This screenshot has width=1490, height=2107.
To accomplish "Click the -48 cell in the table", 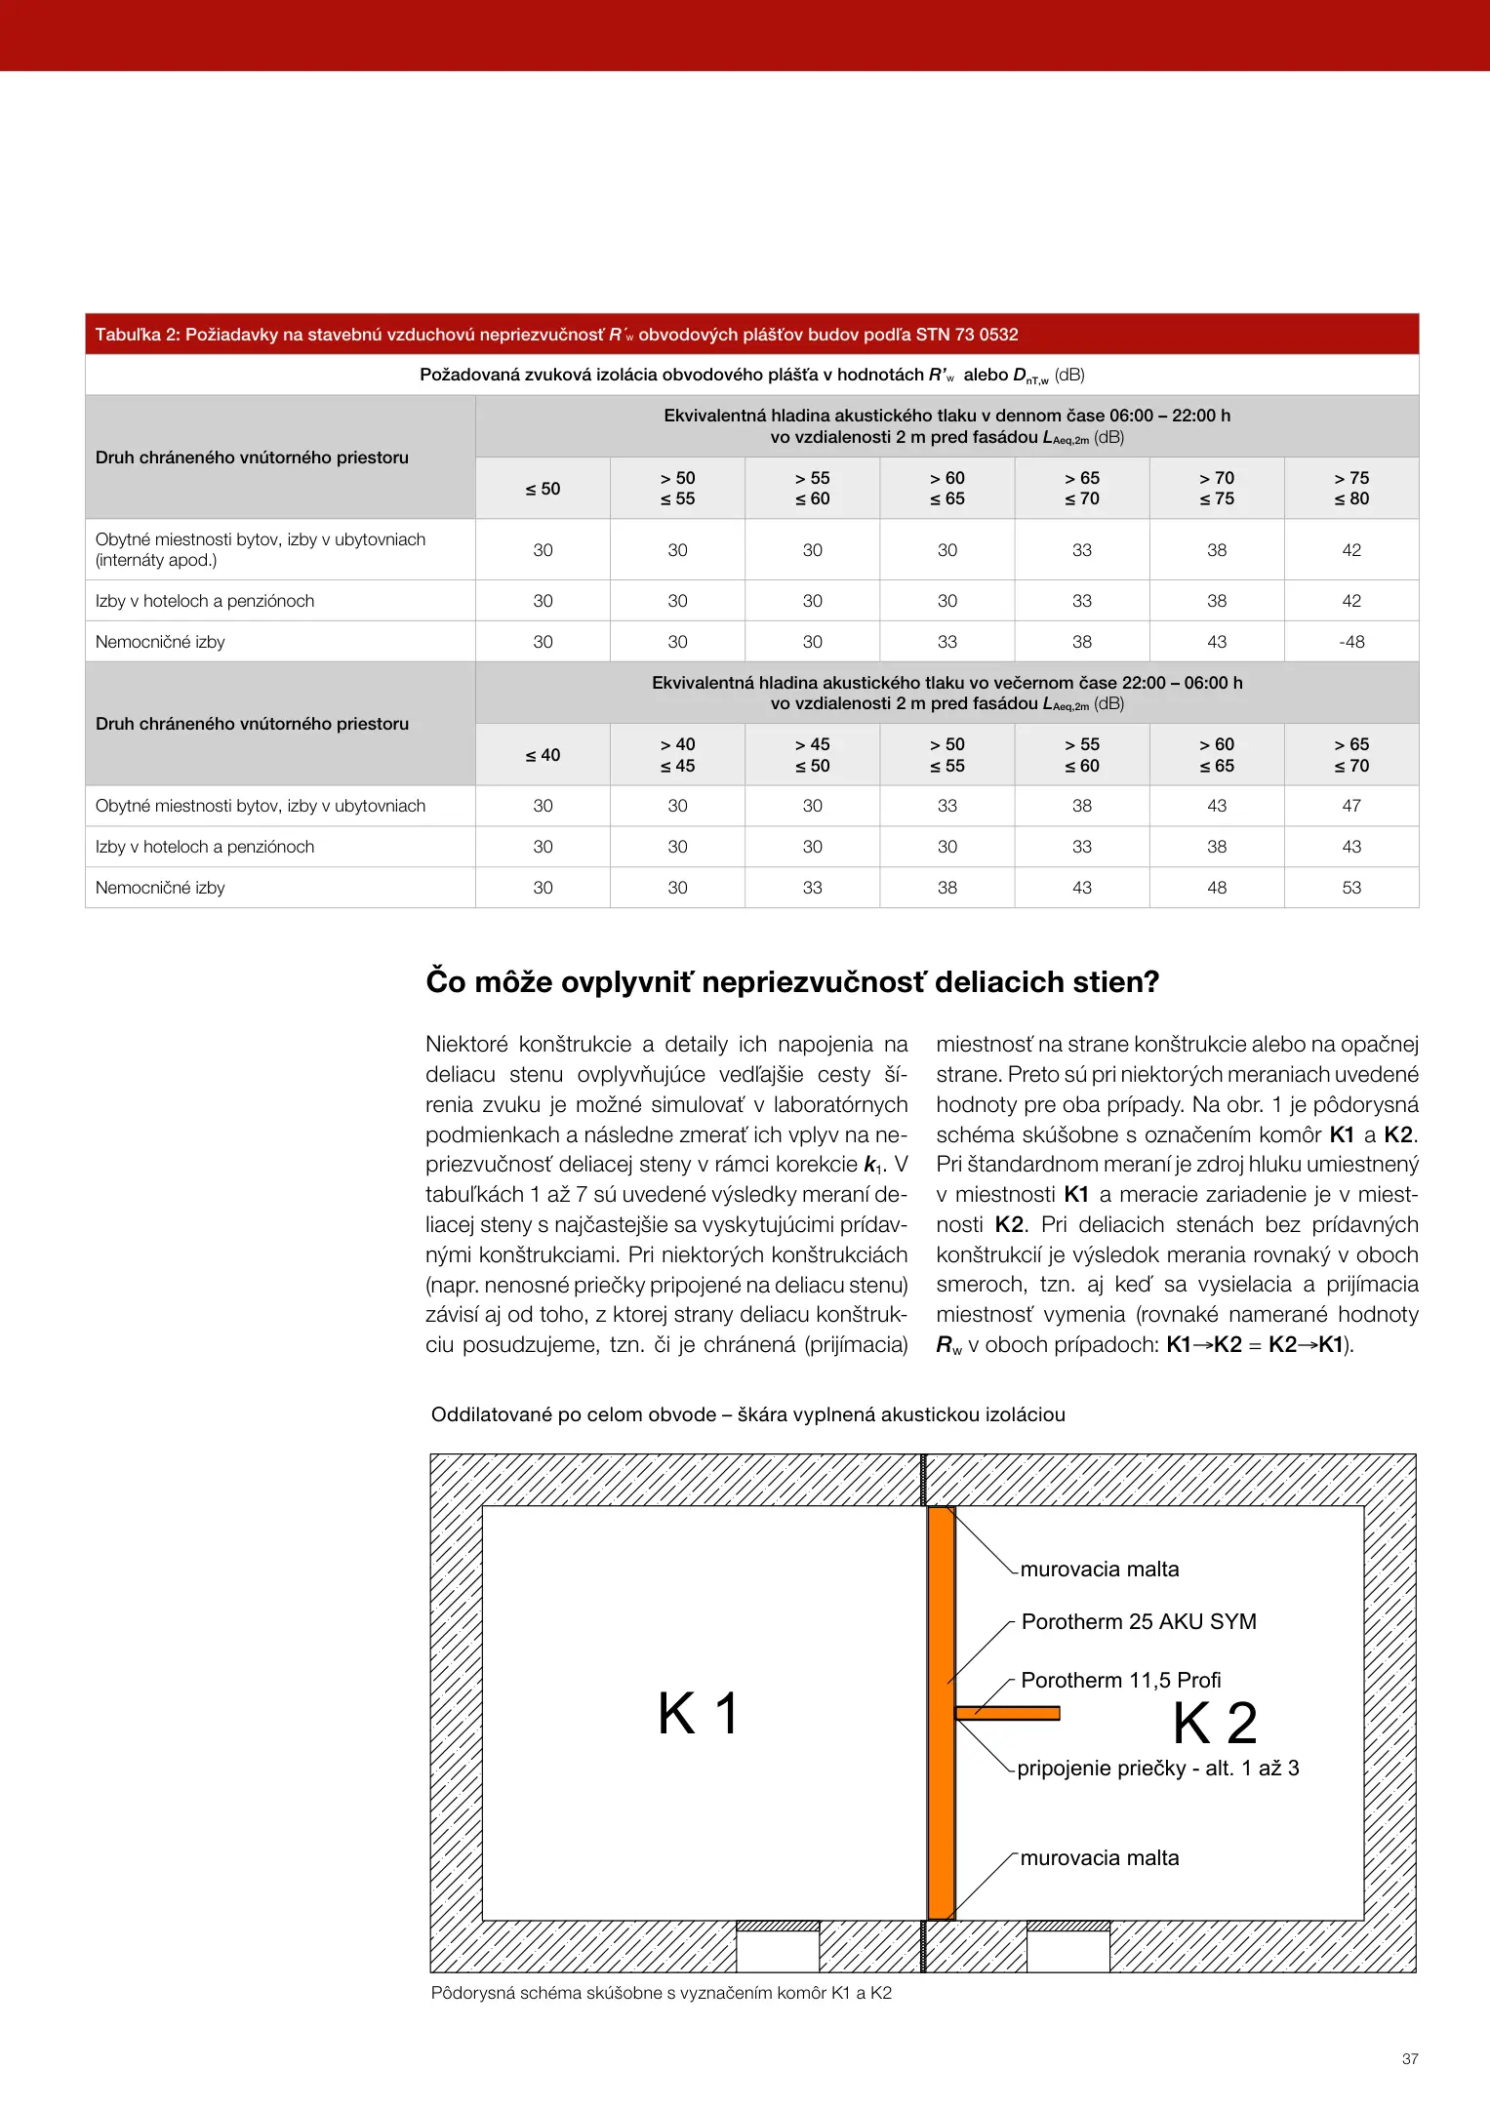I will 1351,642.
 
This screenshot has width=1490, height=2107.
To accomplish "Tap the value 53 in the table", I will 1351,888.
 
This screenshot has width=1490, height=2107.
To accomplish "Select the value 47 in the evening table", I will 1351,806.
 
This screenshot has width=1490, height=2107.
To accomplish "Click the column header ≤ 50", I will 543,489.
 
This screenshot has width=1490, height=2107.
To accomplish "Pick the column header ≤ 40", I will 543,755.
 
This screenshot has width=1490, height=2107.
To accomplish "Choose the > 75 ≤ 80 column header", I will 1351,489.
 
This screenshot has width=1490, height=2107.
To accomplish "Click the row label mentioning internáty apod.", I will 261,550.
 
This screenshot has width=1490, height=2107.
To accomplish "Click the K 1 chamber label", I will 699,1714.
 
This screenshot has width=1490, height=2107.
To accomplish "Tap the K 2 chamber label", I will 1215,1724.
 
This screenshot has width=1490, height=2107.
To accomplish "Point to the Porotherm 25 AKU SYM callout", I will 1139,1622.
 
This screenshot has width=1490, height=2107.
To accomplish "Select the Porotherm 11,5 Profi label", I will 1120,1681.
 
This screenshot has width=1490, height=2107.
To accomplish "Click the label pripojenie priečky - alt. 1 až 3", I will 1157,1769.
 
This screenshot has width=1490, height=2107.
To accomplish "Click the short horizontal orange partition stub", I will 1008,1713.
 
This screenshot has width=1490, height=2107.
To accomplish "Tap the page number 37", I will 1410,2059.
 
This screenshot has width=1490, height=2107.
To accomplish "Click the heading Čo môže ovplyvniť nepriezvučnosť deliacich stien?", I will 792,982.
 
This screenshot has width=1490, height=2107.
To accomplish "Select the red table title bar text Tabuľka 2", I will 556,335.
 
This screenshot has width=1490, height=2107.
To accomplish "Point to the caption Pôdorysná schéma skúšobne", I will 661,1993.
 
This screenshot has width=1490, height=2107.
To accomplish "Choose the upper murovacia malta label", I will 1100,1570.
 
